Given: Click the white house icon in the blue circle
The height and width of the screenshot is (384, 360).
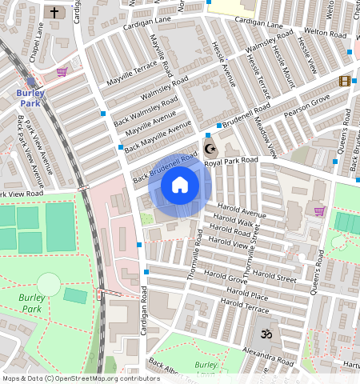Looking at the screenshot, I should click(180, 186).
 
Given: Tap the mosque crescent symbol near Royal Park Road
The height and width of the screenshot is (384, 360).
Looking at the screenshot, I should click(211, 149).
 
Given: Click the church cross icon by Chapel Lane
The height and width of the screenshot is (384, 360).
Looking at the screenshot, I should click(54, 13).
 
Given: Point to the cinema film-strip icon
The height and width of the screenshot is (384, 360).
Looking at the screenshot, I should click(344, 81).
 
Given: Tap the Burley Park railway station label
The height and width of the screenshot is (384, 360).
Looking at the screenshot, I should click(30, 98).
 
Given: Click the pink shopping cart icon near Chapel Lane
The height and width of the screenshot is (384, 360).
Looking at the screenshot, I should click(62, 72).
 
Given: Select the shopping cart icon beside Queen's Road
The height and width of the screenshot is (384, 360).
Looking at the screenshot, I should click(319, 211).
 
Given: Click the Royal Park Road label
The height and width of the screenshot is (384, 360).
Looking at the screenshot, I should click(232, 162).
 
